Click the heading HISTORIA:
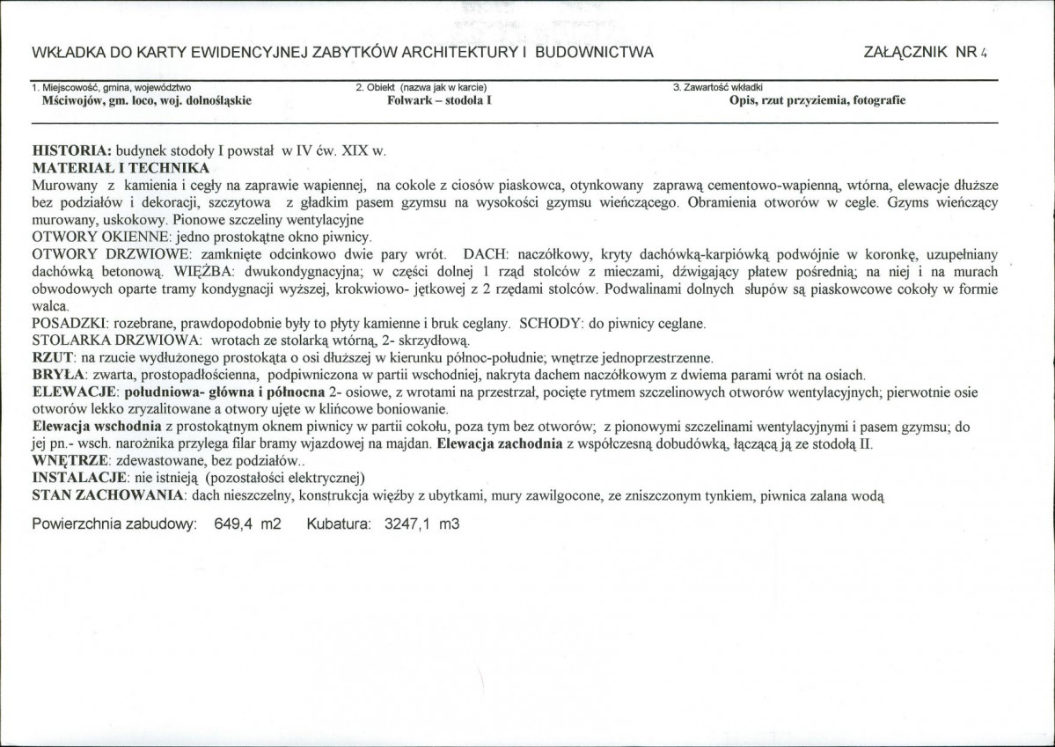[x=70, y=151]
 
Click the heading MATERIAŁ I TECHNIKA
[x=121, y=167]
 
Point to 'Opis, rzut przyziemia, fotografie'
[x=817, y=100]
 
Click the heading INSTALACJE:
[x=79, y=479]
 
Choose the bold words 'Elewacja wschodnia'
[x=96, y=427]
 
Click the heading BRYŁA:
[x=57, y=374]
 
